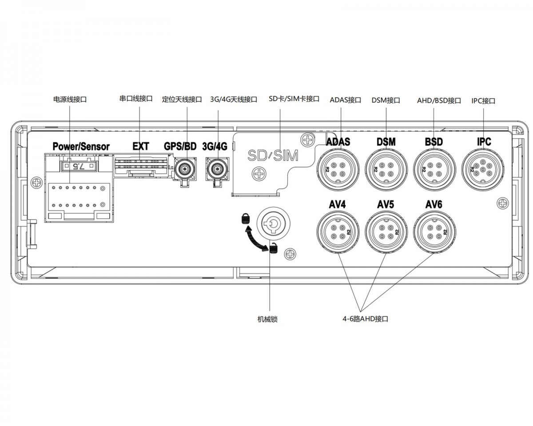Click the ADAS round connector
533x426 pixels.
338,170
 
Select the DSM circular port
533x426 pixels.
386,170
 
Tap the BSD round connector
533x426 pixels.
434,170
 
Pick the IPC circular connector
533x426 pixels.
483,170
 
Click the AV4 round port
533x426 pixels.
338,232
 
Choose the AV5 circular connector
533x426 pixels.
386,232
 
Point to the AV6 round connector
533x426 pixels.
434,232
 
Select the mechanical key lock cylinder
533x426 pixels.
272,224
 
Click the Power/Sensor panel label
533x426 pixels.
81,146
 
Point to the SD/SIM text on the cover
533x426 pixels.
273,156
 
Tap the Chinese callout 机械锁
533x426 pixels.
267,319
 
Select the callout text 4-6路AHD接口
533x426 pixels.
365,319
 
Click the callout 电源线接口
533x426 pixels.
70,99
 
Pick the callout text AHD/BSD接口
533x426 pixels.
439,100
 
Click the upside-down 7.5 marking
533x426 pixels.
79,166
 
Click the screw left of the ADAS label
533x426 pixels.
308,140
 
